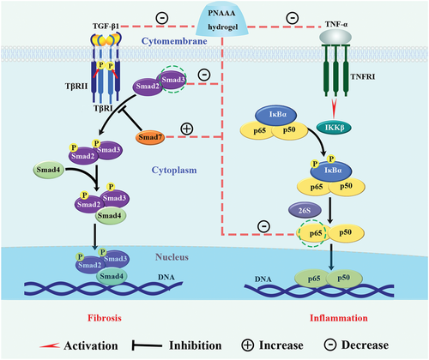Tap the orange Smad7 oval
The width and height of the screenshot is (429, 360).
tap(150, 137)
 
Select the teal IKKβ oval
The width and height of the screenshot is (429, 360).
tap(335, 128)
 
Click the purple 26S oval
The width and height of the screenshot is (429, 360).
tap(305, 211)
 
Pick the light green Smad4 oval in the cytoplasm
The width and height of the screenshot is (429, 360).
tap(49, 170)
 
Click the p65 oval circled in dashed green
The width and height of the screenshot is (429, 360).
tap(312, 233)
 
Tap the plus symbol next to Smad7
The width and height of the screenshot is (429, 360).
tap(187, 129)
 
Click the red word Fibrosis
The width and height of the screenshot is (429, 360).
tap(105, 318)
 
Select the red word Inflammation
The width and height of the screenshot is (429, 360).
tap(339, 318)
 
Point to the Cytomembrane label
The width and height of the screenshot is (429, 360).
tap(174, 41)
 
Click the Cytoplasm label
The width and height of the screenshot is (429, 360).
tap(174, 171)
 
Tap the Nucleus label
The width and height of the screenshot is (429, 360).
tap(172, 257)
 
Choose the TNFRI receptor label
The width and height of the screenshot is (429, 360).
tap(363, 76)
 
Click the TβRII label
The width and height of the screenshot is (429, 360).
tap(76, 86)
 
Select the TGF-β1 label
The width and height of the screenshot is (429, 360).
tap(106, 27)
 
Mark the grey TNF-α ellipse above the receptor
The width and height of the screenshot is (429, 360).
tap(335, 37)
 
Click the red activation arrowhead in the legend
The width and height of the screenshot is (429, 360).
tap(50, 345)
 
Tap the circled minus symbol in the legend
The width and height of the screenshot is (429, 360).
tap(330, 345)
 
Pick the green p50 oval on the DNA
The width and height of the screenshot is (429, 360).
tap(344, 279)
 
